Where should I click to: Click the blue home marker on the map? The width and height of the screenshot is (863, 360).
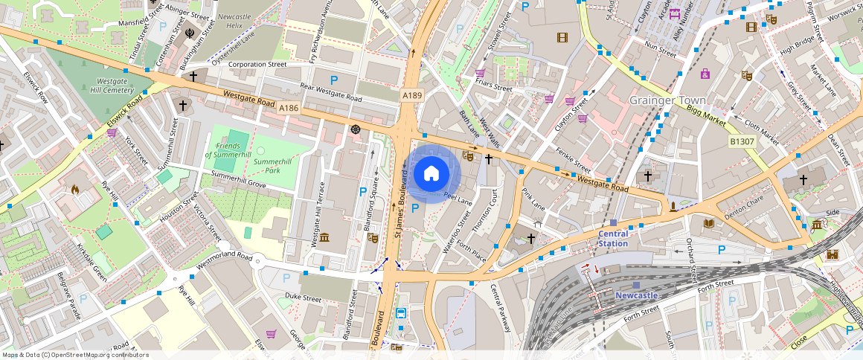tap(431, 174)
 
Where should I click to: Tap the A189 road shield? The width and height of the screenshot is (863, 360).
tap(412, 95)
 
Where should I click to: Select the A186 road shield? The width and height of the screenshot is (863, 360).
tap(289, 109)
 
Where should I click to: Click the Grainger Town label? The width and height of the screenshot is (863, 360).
tap(667, 100)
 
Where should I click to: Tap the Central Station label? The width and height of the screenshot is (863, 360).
tap(613, 238)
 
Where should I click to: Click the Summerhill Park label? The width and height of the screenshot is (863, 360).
tap(272, 165)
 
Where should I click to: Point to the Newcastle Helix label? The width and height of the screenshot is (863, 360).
tap(235, 20)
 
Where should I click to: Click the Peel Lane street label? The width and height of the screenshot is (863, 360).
tap(458, 197)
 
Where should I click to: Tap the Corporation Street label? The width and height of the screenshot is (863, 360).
tap(257, 65)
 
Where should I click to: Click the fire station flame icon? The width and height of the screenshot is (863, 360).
tap(75, 190)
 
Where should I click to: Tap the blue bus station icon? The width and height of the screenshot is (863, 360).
tap(401, 313)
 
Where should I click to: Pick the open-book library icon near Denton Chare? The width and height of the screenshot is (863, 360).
tap(708, 223)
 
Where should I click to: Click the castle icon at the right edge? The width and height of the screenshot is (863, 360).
tap(832, 254)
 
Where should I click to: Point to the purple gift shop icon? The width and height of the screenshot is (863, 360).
tap(705, 73)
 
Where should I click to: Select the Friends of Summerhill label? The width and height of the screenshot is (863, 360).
tap(228, 150)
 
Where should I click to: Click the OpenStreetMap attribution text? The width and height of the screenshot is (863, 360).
tap(74, 355)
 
